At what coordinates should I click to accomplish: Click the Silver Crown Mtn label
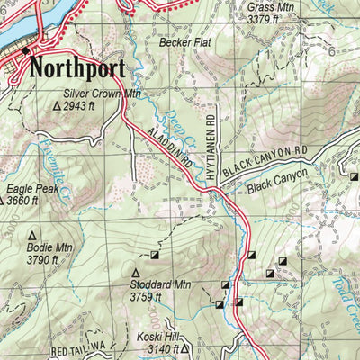pos(103,93)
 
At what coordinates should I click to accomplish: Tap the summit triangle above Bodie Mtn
pos(32,235)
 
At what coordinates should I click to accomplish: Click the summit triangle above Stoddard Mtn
pos(137,272)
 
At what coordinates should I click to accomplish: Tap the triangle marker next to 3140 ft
pos(184,347)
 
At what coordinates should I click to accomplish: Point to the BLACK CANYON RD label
pos(265,156)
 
